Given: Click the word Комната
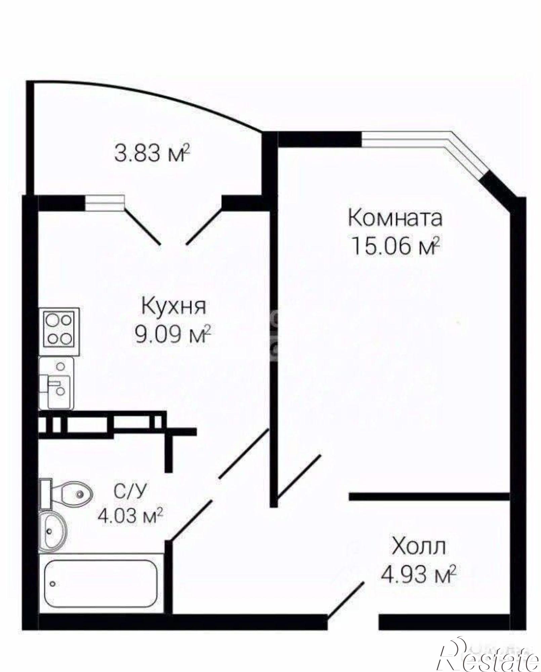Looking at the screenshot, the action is coord(395,219).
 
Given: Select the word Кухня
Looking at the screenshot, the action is coord(173,307).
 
